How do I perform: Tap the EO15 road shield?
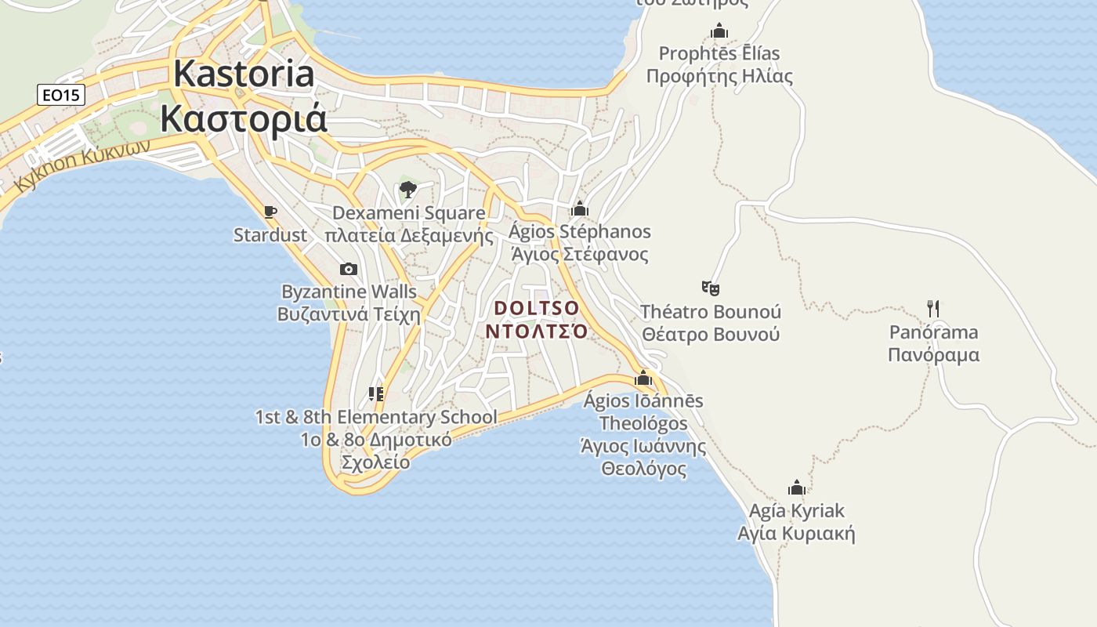tap(60, 96)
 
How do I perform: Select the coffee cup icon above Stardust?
tap(270, 212)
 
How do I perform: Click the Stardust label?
tap(270, 234)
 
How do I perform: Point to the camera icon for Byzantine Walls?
tap(349, 269)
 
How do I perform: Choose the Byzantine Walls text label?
tap(349, 303)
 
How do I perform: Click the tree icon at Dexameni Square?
tap(407, 189)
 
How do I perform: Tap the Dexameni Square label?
tap(409, 224)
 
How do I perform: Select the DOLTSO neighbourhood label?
tap(537, 319)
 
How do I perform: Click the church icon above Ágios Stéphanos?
tap(580, 208)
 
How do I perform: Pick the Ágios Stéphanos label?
tap(580, 242)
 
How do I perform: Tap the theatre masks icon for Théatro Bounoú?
tap(711, 288)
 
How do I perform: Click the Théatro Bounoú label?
tap(711, 323)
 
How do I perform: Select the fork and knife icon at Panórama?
tap(932, 308)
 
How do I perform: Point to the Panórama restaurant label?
tap(933, 343)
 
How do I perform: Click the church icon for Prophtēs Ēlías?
tap(719, 31)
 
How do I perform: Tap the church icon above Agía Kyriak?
tap(797, 487)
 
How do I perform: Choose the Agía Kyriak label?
tap(796, 522)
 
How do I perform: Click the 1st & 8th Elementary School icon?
tap(376, 393)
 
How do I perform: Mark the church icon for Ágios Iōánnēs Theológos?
tap(643, 378)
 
